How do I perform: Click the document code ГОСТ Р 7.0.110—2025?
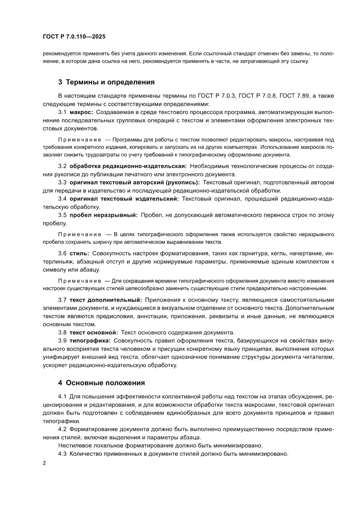[71, 37]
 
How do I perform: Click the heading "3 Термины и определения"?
[106, 81]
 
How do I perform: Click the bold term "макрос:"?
[81, 112]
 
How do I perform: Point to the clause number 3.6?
[62, 253]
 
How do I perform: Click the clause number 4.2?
[62, 429]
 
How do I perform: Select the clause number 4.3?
[62, 454]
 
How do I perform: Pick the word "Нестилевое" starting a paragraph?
[74, 445]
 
